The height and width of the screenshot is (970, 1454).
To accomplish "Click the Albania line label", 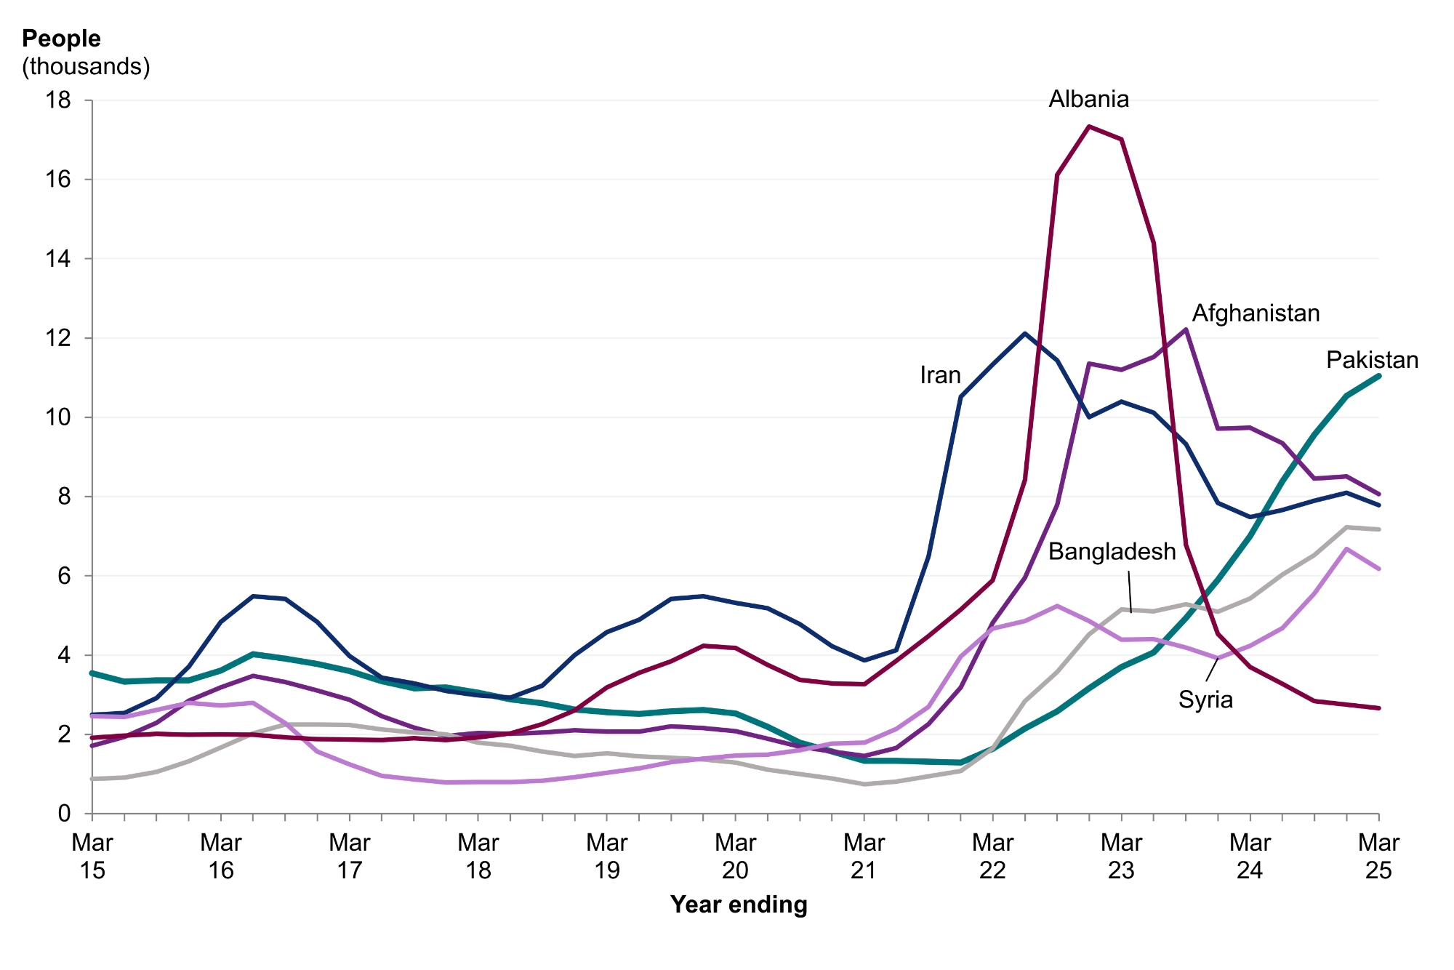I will coord(1088,99).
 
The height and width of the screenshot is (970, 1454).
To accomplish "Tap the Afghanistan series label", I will coord(1256,313).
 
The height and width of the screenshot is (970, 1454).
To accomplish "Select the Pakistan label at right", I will coord(1372,360).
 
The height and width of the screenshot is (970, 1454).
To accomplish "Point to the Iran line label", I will coord(940,375).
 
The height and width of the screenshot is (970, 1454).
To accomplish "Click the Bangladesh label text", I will coord(1112,552).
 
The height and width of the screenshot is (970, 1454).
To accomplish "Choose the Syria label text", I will coord(1205,700).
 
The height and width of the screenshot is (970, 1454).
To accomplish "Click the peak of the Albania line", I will coord(1089,127).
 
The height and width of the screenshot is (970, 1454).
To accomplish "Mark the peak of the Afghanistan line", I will coord(1186,329).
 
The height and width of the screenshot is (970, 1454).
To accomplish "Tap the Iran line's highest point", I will coord(1024,334).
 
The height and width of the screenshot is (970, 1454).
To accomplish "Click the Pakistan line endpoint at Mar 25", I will coord(1378,376).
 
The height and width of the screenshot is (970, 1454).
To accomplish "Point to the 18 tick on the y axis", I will coord(58,100).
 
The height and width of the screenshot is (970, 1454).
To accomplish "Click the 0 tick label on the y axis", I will coord(65,814).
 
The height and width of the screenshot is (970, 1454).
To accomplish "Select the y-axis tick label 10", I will coord(58,417).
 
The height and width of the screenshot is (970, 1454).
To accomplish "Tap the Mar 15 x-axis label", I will coord(92,856).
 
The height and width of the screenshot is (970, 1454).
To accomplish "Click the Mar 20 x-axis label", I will coord(735,856).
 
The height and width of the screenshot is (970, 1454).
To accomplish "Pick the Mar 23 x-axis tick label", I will coord(1121,856).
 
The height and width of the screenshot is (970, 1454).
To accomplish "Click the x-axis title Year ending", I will coord(739,905).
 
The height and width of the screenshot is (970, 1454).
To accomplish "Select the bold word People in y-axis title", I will coord(61,39).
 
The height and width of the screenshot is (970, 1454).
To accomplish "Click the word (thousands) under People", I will coord(86,66).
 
